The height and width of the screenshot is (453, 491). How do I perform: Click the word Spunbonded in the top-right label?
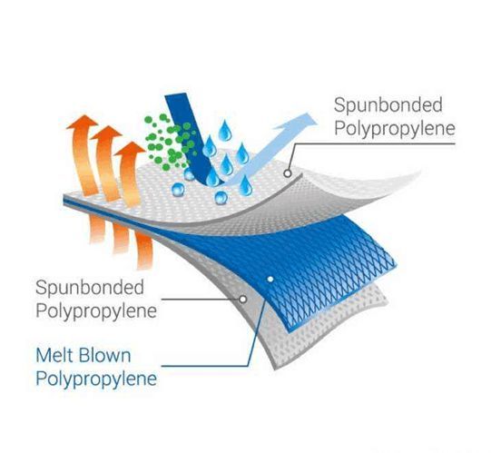(388, 105)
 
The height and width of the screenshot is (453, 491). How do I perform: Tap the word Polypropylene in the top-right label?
(395, 129)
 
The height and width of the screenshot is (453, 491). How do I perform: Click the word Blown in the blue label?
(104, 355)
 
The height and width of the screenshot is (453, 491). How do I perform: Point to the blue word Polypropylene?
(96, 379)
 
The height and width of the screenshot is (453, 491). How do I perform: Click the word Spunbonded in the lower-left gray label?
(90, 288)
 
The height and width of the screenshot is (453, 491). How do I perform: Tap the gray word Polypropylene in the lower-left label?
(96, 311)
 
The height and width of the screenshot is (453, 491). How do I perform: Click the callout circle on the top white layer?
(288, 172)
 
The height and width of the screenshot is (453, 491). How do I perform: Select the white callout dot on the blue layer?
(270, 279)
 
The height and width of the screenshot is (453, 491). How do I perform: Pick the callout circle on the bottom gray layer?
(242, 300)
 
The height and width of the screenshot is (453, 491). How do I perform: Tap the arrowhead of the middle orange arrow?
(106, 133)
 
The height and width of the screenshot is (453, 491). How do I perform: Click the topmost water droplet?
(225, 131)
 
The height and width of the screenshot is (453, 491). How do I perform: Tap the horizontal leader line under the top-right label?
(373, 143)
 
